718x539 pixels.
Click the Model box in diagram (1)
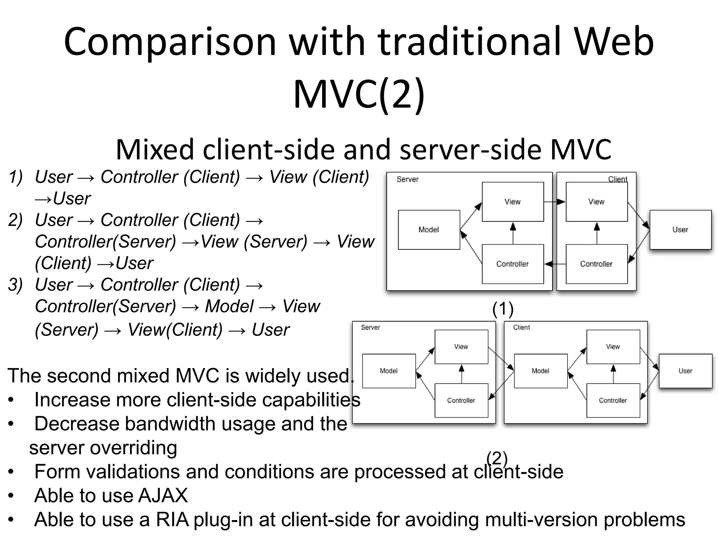(429, 230)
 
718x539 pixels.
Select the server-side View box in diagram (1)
(513, 202)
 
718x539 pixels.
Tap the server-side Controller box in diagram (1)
(513, 264)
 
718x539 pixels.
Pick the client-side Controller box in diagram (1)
(596, 264)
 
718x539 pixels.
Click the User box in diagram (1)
(680, 230)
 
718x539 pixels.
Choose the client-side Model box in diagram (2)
(540, 371)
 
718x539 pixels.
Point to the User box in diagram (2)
(685, 371)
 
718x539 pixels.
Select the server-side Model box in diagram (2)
(388, 371)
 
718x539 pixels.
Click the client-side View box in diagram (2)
(613, 347)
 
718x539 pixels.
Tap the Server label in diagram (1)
(407, 179)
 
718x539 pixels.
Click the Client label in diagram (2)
(521, 327)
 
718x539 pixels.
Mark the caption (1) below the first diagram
(503, 309)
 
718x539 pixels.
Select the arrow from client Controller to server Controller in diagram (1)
(555, 264)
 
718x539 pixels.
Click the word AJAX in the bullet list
(163, 495)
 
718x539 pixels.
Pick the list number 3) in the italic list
(15, 285)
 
